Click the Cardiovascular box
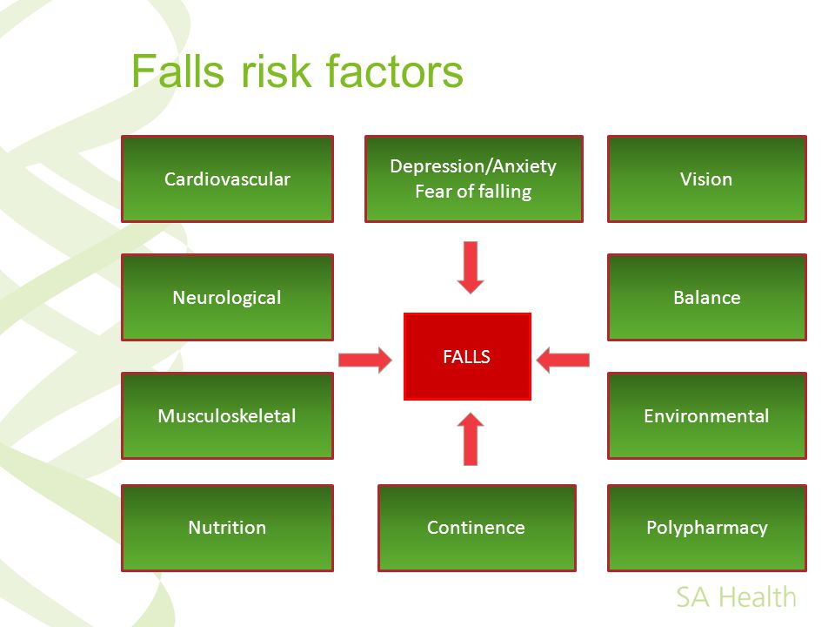pos(227,179)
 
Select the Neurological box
pos(227,298)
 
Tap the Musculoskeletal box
pos(227,416)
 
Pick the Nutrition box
pos(227,528)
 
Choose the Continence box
pos(477,528)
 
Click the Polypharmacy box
pos(706,528)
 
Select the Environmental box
pos(706,416)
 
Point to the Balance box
pos(706,298)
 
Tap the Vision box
pos(706,179)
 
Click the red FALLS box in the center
pos(467,357)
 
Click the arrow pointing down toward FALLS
pos(471,267)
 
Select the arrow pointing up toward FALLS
pos(471,438)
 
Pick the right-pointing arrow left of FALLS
pos(365,360)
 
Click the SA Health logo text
pos(736,597)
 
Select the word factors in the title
pos(395,71)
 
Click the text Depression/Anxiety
pos(473,166)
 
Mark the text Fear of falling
pos(473,192)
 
